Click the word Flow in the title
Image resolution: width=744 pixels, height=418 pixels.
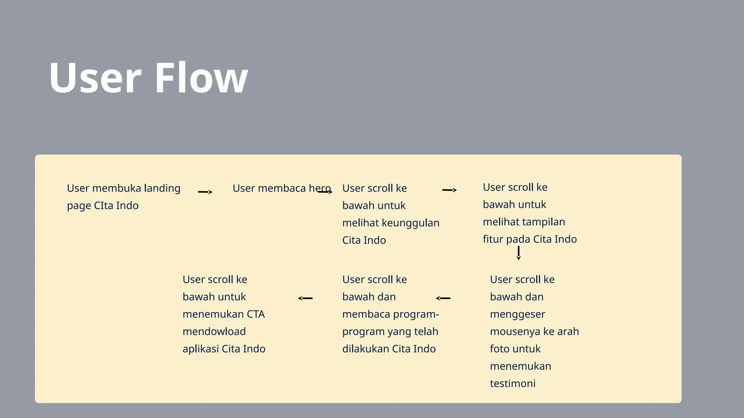point(201,78)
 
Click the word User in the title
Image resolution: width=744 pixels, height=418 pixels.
point(95,78)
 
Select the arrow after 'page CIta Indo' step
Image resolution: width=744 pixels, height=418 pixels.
point(205,192)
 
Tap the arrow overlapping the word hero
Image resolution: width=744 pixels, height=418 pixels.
point(325,192)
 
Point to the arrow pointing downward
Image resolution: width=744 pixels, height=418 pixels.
point(518,253)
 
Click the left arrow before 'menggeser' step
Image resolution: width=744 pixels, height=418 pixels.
point(443,298)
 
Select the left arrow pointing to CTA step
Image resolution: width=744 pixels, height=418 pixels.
point(305,298)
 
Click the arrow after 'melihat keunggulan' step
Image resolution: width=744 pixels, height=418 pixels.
point(449,190)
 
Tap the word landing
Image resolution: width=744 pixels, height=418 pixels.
point(162,189)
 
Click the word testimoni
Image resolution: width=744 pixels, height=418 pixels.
point(513,384)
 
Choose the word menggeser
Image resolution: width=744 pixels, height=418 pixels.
point(517,315)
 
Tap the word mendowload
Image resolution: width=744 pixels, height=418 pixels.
point(214,332)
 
